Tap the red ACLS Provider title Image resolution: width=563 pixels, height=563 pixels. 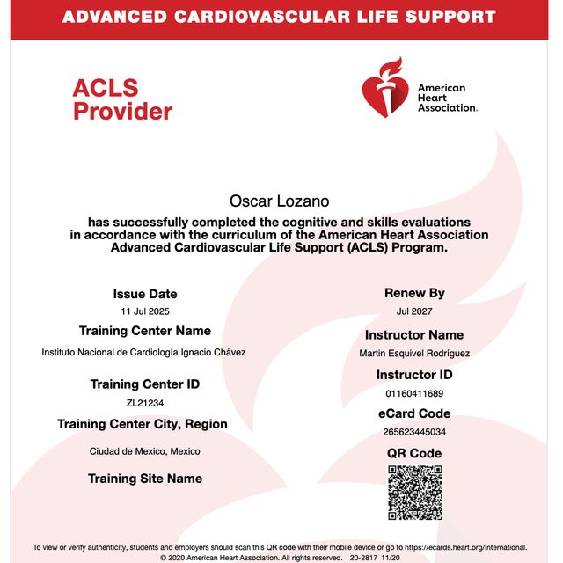pos(122,99)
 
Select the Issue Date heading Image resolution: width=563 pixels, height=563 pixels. pos(144,294)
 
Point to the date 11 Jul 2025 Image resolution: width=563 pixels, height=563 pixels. pos(145,312)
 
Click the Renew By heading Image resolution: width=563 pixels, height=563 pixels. pos(414,293)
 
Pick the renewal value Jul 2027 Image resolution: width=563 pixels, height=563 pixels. pos(414,311)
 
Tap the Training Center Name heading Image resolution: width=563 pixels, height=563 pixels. pos(145,331)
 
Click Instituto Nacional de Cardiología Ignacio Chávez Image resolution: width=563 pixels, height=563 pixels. pos(144,352)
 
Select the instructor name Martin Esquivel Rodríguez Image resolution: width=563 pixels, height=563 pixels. pos(414,354)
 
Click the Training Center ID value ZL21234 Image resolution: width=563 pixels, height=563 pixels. pos(145,403)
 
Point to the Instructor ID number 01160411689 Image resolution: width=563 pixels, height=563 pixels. pos(414,393)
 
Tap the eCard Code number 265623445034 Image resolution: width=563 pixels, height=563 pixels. pos(414,432)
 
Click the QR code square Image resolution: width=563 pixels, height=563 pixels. pos(414,493)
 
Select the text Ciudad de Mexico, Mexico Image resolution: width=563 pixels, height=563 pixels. pos(145,451)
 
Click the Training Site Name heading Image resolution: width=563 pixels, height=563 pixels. pos(145,479)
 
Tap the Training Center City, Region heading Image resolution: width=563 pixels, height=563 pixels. pos(143,424)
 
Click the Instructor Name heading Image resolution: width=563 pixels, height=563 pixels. pos(414,335)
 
